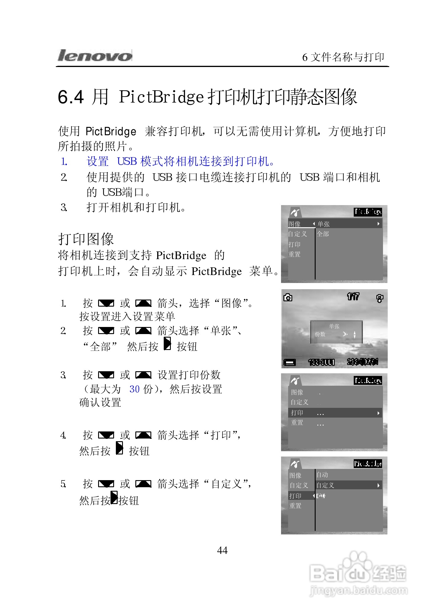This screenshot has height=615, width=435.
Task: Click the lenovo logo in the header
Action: point(95,55)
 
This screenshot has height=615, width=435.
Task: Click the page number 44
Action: point(222,550)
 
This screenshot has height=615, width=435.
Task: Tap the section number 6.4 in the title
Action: point(71,97)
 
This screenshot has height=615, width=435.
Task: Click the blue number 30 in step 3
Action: point(134,389)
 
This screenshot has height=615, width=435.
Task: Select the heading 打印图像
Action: point(86,239)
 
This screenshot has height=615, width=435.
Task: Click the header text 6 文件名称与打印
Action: point(343,57)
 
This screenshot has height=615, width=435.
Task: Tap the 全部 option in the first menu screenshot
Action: point(323,234)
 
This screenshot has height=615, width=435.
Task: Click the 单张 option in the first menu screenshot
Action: point(324,224)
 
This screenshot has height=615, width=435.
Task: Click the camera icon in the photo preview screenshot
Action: point(288,297)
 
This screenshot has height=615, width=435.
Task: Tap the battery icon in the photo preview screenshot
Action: point(290,362)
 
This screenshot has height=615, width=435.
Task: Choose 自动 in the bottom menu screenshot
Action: point(322,475)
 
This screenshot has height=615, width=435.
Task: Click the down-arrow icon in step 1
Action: point(106,303)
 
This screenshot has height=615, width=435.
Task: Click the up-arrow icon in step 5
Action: point(143,484)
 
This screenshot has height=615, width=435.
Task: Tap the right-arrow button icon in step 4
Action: point(119,448)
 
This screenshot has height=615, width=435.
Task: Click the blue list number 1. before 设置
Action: point(64,161)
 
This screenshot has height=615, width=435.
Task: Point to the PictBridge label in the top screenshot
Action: point(368,212)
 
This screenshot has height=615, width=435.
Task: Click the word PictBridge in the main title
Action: point(161,97)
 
